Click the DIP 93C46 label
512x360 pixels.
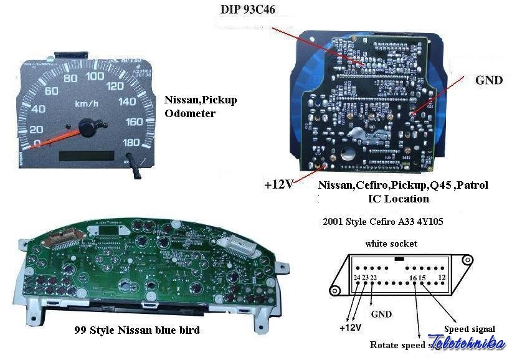(248, 9)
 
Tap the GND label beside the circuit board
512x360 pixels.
(489, 80)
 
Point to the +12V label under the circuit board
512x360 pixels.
(278, 184)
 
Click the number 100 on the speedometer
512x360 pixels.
(95, 77)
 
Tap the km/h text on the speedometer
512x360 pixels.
(86, 104)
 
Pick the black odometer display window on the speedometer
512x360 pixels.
(85, 156)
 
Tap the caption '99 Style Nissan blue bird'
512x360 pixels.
(137, 330)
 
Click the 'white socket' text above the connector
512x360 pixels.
(391, 243)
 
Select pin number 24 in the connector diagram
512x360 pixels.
(356, 277)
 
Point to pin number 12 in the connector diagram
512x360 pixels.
(442, 277)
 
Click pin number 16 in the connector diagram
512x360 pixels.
(413, 277)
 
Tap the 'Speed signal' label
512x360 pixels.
(470, 329)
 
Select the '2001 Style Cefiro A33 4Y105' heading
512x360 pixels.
(384, 221)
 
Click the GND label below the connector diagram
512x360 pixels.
(381, 314)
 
